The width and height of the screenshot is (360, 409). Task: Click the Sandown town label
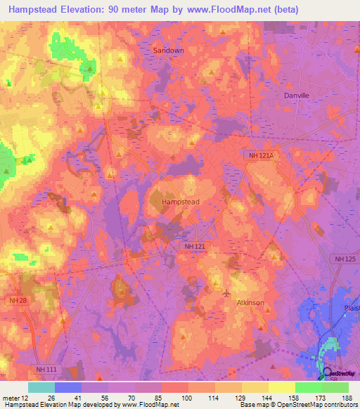pos(168,51)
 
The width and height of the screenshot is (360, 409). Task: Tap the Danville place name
pos(297,95)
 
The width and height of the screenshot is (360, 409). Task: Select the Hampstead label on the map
pos(181,202)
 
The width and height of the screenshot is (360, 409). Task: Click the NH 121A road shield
pos(262,155)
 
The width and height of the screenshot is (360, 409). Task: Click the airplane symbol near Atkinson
pos(226,292)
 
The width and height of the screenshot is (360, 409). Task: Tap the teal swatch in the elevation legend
pos(41,387)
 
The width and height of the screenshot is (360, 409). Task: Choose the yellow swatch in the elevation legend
pos(281,387)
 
